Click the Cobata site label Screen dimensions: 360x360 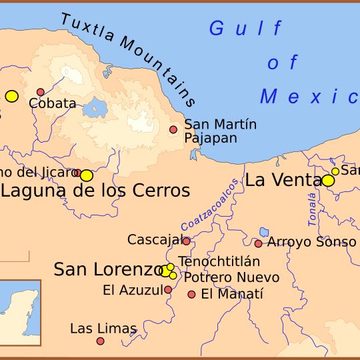click(x=53, y=103)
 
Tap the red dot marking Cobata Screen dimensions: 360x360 click(x=41, y=92)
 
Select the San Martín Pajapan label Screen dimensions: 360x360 click(x=220, y=131)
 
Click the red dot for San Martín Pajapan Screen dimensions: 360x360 click(x=173, y=129)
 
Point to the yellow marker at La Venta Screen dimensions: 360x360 click(x=327, y=180)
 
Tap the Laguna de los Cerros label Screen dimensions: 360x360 click(x=96, y=191)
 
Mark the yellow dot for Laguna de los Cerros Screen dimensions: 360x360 click(x=86, y=175)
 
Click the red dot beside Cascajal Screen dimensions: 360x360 click(x=186, y=241)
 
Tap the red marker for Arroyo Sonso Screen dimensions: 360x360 click(x=258, y=243)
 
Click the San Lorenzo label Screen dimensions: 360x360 click(x=108, y=269)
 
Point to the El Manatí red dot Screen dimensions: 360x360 click(x=191, y=294)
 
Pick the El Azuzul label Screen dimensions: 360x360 click(x=133, y=290)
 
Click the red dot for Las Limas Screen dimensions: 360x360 click(x=100, y=341)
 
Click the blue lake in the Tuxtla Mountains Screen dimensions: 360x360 click(x=96, y=107)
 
